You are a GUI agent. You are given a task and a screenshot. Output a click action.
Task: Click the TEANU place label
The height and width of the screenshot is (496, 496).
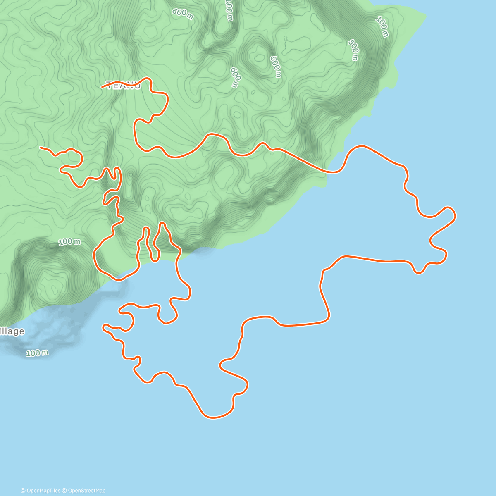point(124,86)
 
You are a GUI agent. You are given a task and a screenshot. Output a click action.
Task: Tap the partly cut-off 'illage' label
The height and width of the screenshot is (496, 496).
point(12,331)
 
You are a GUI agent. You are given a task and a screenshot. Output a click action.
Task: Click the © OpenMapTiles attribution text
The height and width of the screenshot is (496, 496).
point(41,491)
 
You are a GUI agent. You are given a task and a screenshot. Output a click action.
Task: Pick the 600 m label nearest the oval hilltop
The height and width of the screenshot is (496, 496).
point(234,77)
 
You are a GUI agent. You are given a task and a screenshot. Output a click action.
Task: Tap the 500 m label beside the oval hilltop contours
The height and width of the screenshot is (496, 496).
point(275,67)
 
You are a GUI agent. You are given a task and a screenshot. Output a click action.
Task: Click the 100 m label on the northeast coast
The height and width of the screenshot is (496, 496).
point(382,27)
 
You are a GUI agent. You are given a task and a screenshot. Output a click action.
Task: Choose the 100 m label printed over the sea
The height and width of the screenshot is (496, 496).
point(37,353)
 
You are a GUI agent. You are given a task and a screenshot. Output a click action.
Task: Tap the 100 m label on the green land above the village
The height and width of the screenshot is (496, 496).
point(69,242)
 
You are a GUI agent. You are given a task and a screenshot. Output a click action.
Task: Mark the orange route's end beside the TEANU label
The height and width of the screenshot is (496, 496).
point(102,87)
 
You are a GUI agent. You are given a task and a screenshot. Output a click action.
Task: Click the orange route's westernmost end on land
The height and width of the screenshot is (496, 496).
point(40,147)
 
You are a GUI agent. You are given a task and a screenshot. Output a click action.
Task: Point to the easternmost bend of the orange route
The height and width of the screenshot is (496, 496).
point(455,215)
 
